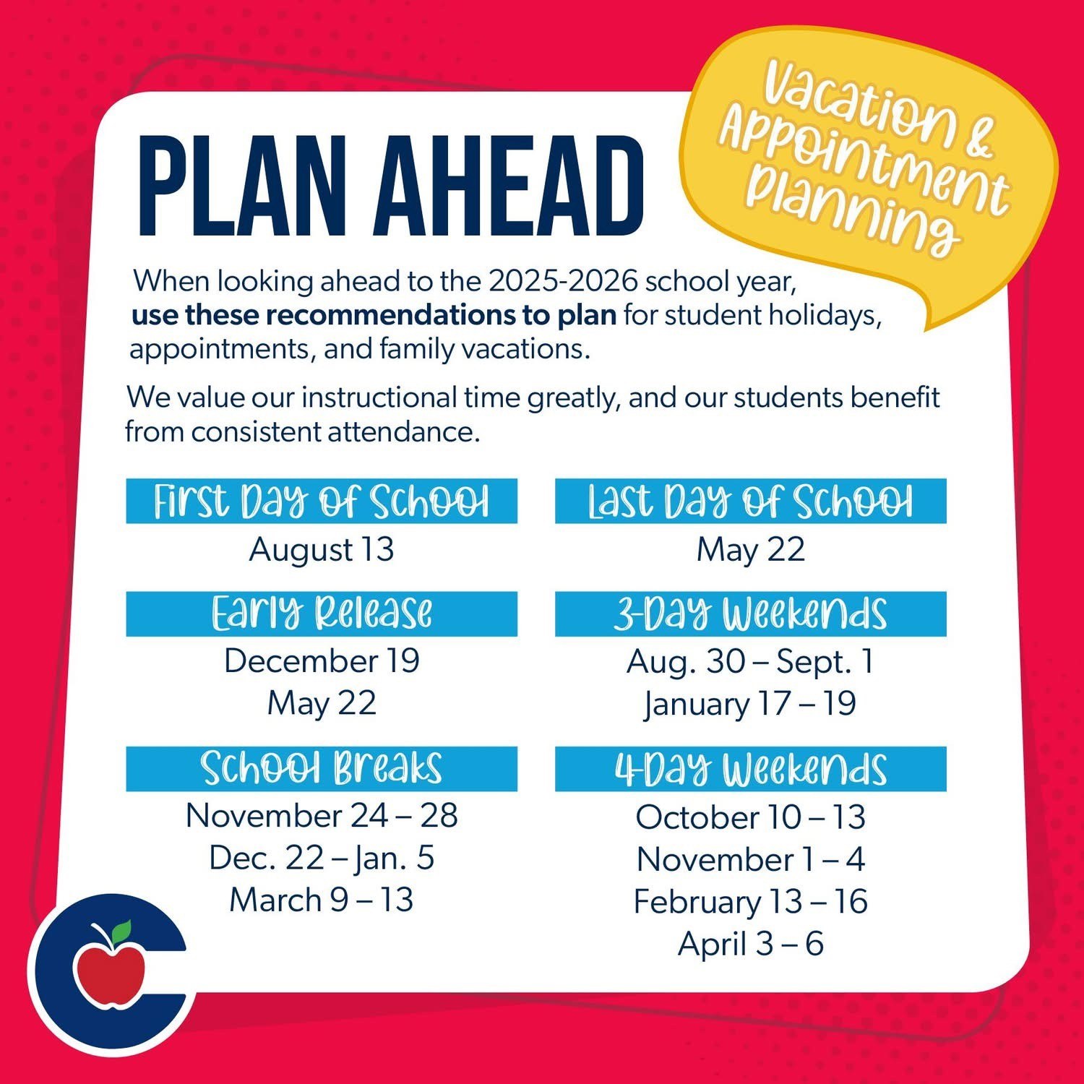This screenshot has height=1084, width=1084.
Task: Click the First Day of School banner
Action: (x=322, y=501)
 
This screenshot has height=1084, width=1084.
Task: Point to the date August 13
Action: (x=322, y=549)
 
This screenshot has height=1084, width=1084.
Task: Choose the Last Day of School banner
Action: (x=751, y=501)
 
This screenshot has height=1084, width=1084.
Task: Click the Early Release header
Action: (x=322, y=614)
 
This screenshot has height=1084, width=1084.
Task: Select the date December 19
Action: (x=322, y=661)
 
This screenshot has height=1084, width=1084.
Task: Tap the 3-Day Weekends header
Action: (x=751, y=614)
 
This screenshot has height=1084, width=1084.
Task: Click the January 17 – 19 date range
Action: (x=751, y=704)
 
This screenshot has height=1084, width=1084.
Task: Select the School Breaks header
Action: (x=322, y=769)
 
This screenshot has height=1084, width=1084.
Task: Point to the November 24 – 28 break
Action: (x=322, y=815)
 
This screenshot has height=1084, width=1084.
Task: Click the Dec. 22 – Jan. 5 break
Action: (x=322, y=858)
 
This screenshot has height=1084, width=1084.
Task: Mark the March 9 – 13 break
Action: (x=322, y=900)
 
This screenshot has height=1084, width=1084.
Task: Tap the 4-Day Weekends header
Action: (x=751, y=769)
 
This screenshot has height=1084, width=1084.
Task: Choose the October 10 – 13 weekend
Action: (x=751, y=817)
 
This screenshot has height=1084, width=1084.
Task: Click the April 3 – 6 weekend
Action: (x=751, y=944)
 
